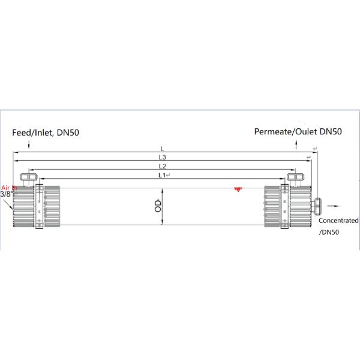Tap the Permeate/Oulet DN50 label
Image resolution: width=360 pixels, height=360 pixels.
(x=298, y=131)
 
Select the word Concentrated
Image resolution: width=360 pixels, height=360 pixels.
(x=338, y=220)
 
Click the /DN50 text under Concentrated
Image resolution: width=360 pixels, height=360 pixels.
(x=329, y=232)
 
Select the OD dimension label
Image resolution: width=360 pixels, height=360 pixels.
(x=158, y=206)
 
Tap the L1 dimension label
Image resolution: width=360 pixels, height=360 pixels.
(x=160, y=175)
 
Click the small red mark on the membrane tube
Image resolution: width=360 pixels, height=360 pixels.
(x=238, y=189)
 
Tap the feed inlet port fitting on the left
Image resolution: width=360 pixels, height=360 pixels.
(x=28, y=178)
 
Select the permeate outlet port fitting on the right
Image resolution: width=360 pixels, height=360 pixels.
(x=295, y=178)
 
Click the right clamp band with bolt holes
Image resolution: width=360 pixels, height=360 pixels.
(x=286, y=206)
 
